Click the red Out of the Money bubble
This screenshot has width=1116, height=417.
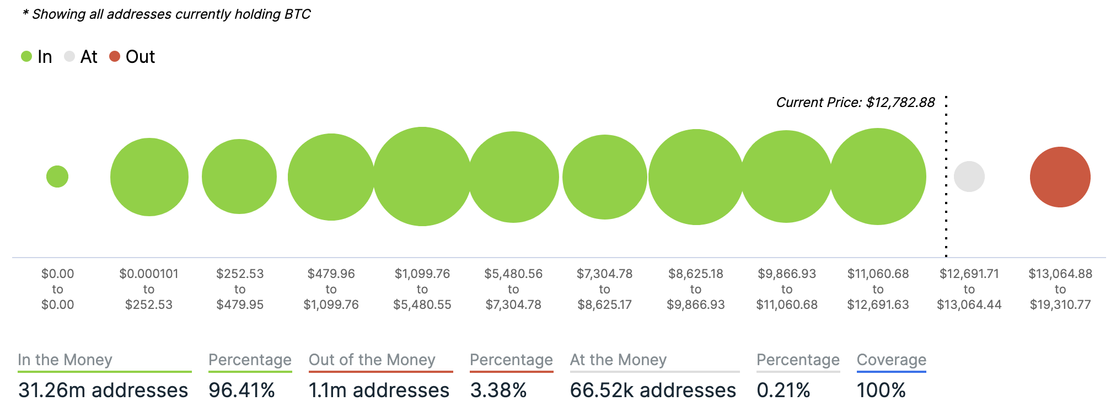(x=1060, y=177)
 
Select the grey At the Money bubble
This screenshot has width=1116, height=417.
(x=969, y=177)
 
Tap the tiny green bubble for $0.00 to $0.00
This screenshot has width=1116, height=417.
(x=57, y=177)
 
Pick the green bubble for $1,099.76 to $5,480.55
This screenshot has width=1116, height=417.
(x=422, y=177)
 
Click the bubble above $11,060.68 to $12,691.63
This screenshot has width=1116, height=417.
(x=878, y=177)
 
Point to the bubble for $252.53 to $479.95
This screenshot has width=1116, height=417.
(x=239, y=177)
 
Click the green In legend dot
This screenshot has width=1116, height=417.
(x=26, y=56)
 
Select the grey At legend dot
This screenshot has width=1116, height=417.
(x=69, y=56)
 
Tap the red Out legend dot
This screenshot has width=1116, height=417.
(x=115, y=56)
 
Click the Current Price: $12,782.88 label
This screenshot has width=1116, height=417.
(x=855, y=103)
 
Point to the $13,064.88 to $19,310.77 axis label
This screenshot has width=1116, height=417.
(x=1060, y=289)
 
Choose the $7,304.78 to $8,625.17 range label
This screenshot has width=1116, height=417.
(x=604, y=289)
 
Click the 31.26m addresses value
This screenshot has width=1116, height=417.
(x=103, y=391)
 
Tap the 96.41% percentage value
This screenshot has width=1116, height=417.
(x=242, y=391)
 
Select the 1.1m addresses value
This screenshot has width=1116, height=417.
(x=379, y=391)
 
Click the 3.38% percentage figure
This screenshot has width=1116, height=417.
(x=498, y=391)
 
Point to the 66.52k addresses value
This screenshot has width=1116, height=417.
(x=653, y=391)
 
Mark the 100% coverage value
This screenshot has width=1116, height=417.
(x=881, y=391)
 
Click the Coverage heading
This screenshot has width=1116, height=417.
(x=891, y=360)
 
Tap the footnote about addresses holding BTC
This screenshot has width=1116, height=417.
(x=167, y=14)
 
